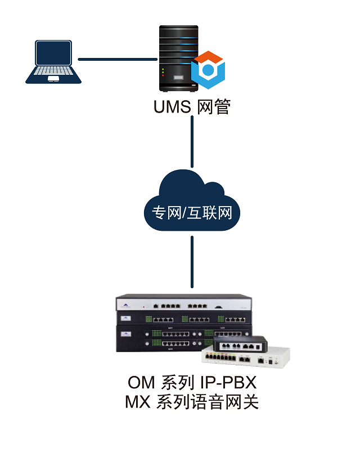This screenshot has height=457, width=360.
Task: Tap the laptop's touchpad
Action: pos(53,79)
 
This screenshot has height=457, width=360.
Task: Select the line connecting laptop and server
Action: pos(117,59)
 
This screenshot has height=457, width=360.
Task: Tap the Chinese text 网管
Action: pos(214,106)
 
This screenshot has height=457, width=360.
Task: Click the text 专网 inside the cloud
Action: pos(165,213)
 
